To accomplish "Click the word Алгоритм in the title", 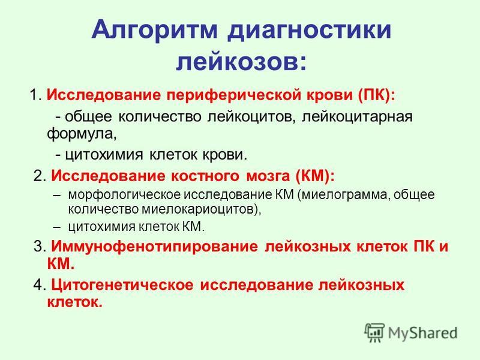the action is (154, 30).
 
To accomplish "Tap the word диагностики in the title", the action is (309, 30).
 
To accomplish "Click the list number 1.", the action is (35, 95).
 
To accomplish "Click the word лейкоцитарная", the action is (357, 117).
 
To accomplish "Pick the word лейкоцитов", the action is (251, 117).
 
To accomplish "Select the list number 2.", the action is (40, 176).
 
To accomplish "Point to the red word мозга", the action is (268, 176).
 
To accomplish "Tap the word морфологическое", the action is (124, 195).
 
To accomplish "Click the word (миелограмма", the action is (343, 195).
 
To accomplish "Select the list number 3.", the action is (40, 247).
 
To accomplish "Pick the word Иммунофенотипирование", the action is (154, 247).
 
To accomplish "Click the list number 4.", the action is (40, 285).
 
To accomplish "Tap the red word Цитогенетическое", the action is (122, 285).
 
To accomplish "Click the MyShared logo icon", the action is (374, 332).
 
